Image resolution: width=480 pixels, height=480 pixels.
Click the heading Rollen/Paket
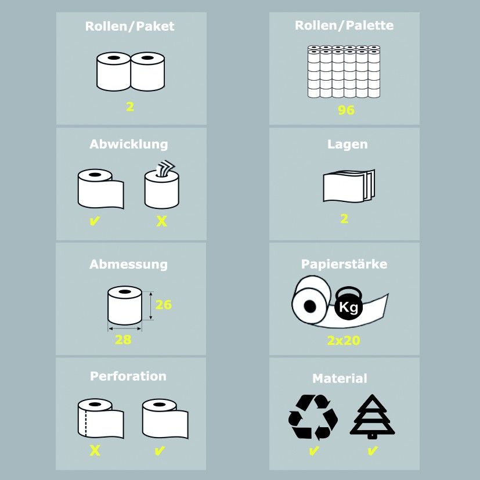130,26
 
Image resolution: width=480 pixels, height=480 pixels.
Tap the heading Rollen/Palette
344,26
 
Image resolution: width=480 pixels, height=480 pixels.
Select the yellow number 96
347,110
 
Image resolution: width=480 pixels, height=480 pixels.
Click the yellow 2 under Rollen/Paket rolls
130,107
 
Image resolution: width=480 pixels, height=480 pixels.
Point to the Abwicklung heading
129,144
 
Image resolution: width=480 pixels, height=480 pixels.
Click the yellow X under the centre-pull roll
161,221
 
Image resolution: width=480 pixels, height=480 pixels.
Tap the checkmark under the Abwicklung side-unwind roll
95,221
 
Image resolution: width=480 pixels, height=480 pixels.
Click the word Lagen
348,144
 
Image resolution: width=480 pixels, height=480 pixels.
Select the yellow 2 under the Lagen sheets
344,219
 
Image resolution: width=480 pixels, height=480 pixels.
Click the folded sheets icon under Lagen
349,186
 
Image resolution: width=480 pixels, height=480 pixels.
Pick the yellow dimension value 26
164,305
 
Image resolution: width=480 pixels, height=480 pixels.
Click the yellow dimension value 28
123,340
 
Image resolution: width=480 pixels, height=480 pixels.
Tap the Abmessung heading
129,264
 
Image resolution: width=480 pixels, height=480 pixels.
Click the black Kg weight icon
349,303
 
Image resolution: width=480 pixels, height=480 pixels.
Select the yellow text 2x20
344,340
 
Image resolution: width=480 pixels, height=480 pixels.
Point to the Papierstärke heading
344,264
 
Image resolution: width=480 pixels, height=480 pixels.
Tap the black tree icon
372,416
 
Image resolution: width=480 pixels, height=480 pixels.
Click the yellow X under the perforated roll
95,450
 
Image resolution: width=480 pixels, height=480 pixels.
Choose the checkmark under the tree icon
372,450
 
